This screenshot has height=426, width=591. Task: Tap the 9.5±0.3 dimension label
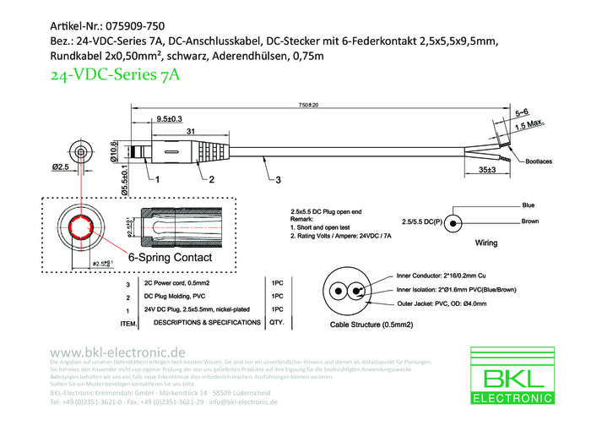point(170,119)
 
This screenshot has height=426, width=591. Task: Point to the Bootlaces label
point(539,161)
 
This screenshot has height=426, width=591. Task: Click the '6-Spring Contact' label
point(170,256)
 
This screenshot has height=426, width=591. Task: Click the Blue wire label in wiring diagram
point(529,205)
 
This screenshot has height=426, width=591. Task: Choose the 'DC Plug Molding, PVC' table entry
point(176,297)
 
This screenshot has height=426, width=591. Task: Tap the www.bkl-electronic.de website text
point(118,351)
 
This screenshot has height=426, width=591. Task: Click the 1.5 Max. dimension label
point(528,125)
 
